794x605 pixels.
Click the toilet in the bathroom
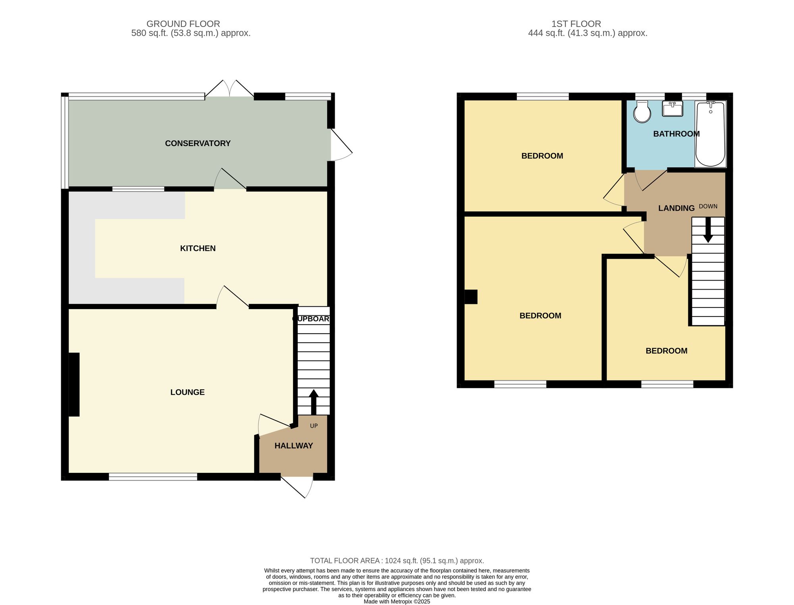click(x=642, y=112)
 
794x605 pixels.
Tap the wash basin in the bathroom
click(x=673, y=109)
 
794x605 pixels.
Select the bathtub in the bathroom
click(x=710, y=134)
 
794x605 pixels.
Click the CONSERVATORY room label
click(x=198, y=143)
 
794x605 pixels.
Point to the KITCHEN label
click(x=198, y=248)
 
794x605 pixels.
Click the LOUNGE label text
click(x=187, y=392)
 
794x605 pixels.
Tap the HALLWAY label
click(x=294, y=446)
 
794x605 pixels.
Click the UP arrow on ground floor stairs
click(x=314, y=401)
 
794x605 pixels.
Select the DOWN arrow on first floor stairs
click(x=708, y=234)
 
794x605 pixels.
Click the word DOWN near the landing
click(x=708, y=206)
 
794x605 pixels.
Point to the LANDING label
click(x=676, y=208)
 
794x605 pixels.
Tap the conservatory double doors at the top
click(x=229, y=89)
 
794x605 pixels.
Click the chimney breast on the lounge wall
click(x=74, y=384)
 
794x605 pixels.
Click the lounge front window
click(x=153, y=477)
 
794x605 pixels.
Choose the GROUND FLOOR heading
click(x=183, y=24)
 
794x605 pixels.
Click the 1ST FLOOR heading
click(x=576, y=24)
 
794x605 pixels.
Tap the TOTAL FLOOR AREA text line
click(x=397, y=561)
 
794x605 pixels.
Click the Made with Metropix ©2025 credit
click(x=397, y=601)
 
